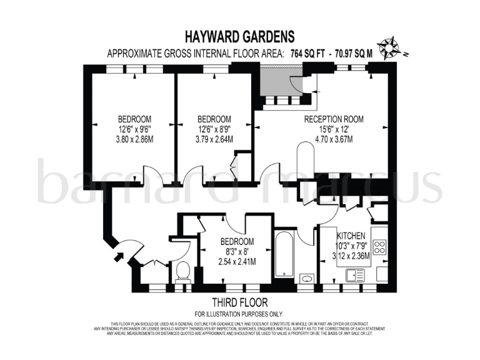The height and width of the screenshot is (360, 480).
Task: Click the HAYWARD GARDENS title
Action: (x=240, y=37)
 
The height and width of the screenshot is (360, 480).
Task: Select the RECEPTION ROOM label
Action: (x=333, y=119)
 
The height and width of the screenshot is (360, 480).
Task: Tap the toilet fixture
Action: (x=182, y=271)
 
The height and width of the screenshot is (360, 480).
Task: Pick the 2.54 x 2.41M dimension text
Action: (x=237, y=262)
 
